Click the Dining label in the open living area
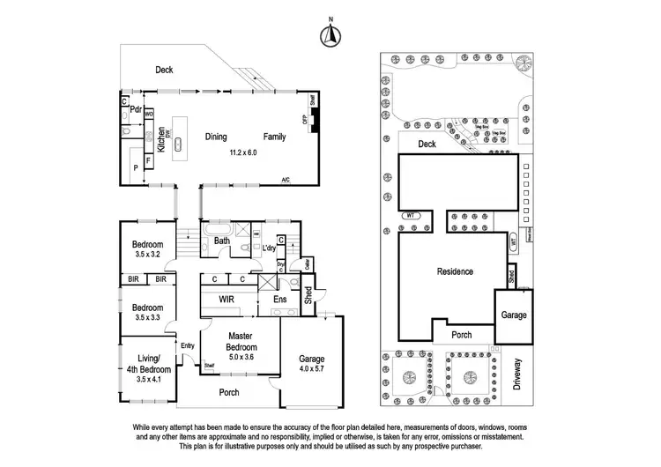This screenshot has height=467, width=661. (216, 137)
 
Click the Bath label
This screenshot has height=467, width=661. (221, 241)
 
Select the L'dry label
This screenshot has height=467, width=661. (270, 249)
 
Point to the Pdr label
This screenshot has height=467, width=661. (137, 109)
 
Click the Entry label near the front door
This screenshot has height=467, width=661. (188, 345)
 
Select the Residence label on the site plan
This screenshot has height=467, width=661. (457, 272)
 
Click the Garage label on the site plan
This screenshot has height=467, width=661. (514, 315)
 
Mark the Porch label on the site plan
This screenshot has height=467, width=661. (462, 335)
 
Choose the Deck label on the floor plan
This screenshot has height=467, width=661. (165, 69)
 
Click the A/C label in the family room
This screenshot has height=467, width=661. (286, 181)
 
